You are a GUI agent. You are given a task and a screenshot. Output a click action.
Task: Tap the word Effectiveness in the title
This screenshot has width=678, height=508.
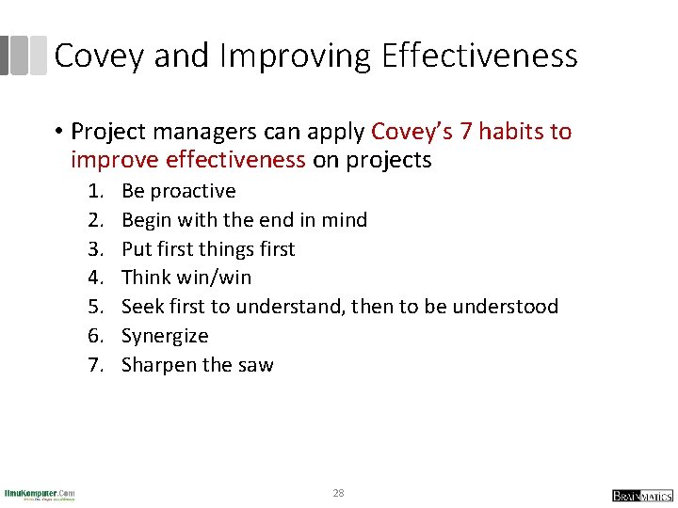pyautogui.click(x=479, y=56)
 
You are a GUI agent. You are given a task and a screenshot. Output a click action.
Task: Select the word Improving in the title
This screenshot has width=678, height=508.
pyautogui.click(x=297, y=56)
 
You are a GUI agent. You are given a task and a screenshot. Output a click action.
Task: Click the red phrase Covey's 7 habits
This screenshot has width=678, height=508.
pyautogui.click(x=471, y=132)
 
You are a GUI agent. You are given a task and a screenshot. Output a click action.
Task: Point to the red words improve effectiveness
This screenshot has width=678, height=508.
pyautogui.click(x=188, y=160)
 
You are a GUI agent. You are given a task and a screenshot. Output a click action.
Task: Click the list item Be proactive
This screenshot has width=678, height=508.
pyautogui.click(x=179, y=191)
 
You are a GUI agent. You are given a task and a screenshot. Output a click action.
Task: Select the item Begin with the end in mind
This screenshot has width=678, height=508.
pyautogui.click(x=244, y=220)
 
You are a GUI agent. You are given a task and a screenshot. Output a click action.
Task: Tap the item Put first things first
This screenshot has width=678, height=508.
pyautogui.click(x=208, y=249)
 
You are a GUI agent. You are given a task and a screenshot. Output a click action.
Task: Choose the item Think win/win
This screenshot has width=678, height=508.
pyautogui.click(x=186, y=278)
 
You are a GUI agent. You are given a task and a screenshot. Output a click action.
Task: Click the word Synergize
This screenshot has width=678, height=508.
pyautogui.click(x=165, y=336)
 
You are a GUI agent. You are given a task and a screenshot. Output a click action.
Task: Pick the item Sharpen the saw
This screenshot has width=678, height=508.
pyautogui.click(x=198, y=365)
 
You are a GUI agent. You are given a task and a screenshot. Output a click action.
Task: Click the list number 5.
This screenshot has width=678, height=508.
pyautogui.click(x=95, y=307)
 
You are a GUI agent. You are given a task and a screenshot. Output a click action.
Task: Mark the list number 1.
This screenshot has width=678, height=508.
pyautogui.click(x=95, y=191)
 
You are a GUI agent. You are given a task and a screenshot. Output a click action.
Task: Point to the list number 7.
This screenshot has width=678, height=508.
pyautogui.click(x=95, y=365)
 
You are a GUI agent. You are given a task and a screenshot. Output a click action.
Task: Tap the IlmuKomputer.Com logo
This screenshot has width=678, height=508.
pyautogui.click(x=40, y=494)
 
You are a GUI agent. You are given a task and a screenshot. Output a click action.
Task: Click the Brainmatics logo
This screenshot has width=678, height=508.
pyautogui.click(x=643, y=495)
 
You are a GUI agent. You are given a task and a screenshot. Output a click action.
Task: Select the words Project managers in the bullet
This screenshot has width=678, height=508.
pyautogui.click(x=147, y=132)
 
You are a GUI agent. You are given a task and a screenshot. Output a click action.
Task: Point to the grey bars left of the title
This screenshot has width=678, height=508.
pyautogui.click(x=23, y=56)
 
